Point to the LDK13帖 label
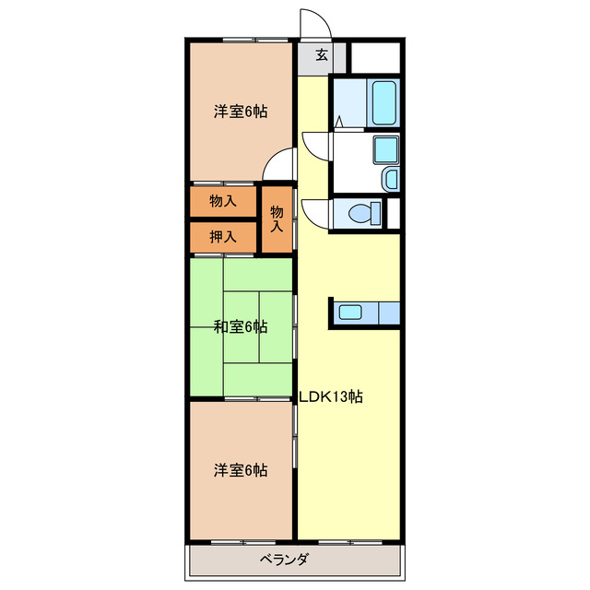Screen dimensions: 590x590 click(x=330, y=397)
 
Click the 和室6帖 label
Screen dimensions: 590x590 click(x=241, y=326)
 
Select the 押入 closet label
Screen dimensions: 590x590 click(x=222, y=236)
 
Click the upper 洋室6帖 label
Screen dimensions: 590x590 click(x=241, y=112)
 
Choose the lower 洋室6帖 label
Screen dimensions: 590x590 click(x=241, y=470)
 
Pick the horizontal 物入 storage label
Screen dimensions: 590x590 click(x=222, y=200)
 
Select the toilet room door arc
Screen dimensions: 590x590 click(x=313, y=210)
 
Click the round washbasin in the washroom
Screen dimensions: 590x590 click(x=389, y=178)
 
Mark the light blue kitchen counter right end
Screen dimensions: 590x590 click(x=387, y=313)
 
